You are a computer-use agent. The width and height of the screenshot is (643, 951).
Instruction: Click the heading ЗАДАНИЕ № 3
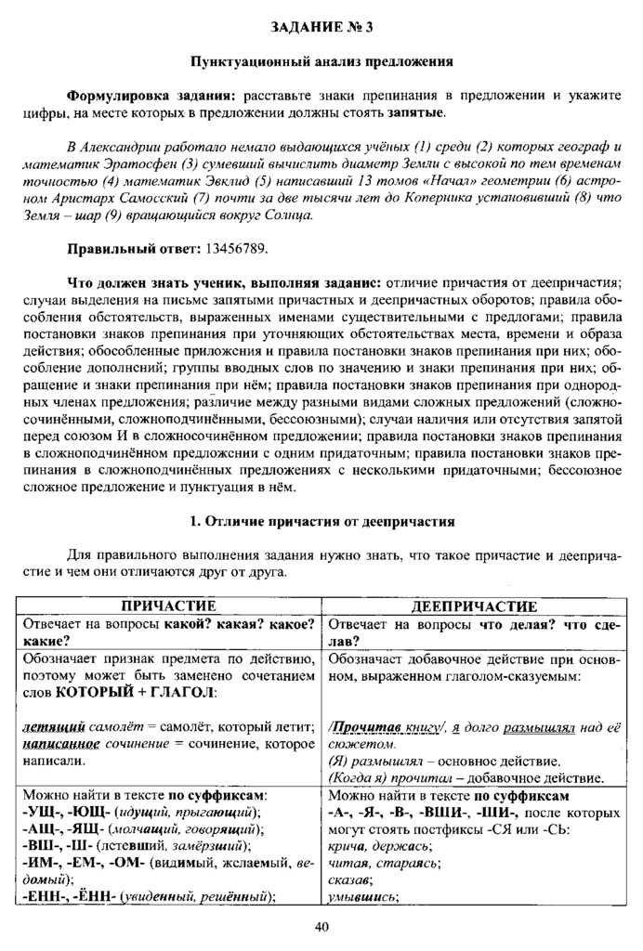click(x=321, y=27)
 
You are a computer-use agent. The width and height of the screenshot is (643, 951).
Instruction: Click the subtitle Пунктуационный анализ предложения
click(x=321, y=62)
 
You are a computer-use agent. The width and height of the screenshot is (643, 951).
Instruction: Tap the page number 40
click(x=321, y=925)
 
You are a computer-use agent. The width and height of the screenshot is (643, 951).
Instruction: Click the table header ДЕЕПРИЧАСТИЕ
click(x=473, y=605)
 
